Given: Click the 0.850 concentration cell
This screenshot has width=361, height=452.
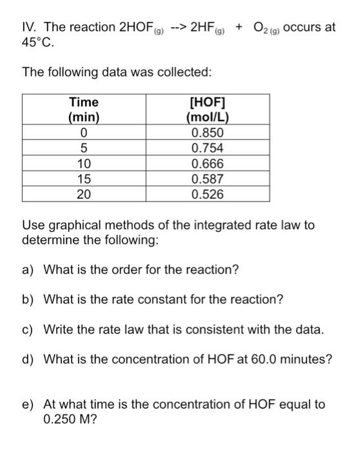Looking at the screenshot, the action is [208, 134].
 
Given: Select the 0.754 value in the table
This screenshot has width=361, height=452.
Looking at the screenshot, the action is [208, 149].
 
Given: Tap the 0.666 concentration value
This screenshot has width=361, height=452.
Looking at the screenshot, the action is [208, 163].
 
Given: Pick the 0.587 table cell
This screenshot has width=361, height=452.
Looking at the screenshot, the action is [208, 178].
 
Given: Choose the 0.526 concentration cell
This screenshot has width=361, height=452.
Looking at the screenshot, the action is [208, 193].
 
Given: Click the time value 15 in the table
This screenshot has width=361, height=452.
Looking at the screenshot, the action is [84, 178].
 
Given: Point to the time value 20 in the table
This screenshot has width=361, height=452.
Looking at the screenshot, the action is [84, 193].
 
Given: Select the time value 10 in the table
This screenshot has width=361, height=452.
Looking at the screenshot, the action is [84, 163].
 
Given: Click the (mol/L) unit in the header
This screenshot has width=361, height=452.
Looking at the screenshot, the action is [208, 118].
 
